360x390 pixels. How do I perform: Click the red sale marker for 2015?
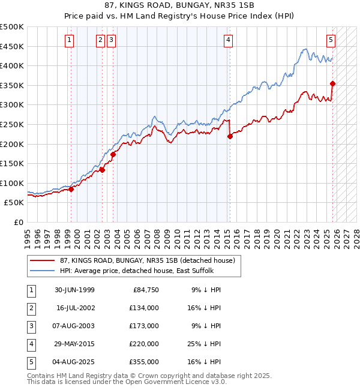click(x=230, y=136)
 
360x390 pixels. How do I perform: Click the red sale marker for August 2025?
click(x=332, y=83)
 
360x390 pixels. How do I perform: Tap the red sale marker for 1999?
click(x=71, y=189)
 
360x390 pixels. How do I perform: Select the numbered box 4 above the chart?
click(x=229, y=40)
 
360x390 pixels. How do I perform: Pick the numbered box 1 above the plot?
click(x=70, y=40)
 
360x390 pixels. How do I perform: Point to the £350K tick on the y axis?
click(x=12, y=86)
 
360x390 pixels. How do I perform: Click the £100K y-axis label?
click(x=12, y=183)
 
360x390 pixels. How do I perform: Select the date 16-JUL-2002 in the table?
click(x=75, y=308)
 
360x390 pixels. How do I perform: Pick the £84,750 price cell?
click(x=144, y=290)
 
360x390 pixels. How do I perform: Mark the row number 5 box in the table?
click(x=30, y=362)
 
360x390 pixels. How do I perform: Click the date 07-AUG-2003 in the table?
click(x=75, y=326)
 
